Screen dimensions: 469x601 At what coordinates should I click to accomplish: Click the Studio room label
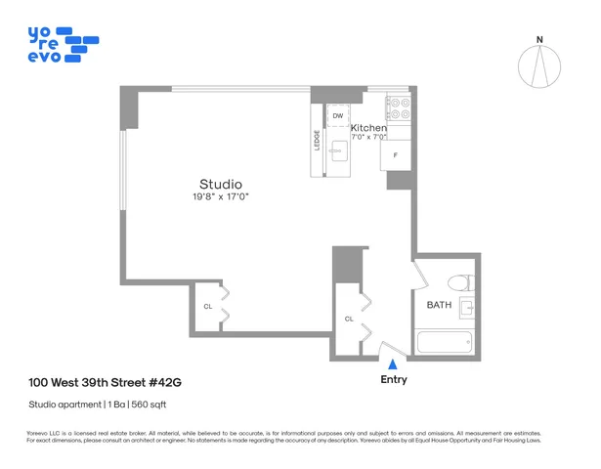coord(220,184)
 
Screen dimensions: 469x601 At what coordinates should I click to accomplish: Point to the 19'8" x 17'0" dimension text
coord(220,198)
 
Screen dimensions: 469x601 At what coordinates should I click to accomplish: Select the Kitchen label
coord(368,128)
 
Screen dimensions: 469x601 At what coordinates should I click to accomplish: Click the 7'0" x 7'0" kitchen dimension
coord(368,137)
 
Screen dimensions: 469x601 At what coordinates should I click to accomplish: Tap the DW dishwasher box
coord(337,116)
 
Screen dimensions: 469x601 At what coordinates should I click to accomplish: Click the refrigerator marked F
coord(395,155)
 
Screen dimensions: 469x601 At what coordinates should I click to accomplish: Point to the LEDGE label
coord(317,141)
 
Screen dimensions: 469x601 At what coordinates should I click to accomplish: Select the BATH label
coord(439,306)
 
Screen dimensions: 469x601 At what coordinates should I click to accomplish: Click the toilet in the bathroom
coord(457,283)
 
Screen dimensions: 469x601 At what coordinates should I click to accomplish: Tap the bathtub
coord(445,343)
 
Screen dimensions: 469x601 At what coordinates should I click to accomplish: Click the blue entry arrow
coord(393,363)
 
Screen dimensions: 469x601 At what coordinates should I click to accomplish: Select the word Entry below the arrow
coord(393,380)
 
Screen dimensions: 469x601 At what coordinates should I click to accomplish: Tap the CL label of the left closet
coord(207,306)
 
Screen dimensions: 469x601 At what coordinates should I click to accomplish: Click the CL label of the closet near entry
coord(349,319)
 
